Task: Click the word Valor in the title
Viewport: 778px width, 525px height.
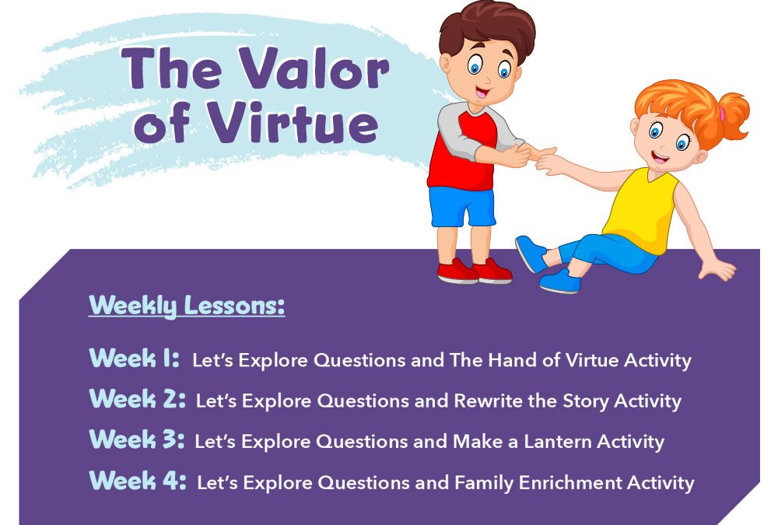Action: tap(316, 68)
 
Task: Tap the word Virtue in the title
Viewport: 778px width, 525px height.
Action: tap(293, 122)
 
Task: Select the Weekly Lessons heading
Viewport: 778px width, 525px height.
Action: tap(187, 306)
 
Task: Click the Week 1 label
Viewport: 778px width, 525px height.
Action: tap(134, 358)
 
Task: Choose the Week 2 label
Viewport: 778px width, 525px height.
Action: tap(138, 399)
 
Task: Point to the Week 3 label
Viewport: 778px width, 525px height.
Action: tap(137, 439)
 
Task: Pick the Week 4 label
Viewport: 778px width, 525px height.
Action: tap(138, 481)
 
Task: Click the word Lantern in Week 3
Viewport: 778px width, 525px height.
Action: tap(558, 441)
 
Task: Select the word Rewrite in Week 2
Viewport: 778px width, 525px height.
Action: tap(489, 401)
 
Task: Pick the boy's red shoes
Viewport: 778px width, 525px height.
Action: tap(474, 271)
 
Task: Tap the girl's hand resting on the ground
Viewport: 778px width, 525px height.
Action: tap(717, 268)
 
